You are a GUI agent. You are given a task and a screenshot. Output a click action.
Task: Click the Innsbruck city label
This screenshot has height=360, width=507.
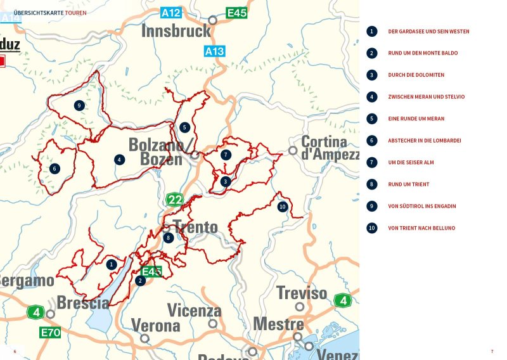(176, 31)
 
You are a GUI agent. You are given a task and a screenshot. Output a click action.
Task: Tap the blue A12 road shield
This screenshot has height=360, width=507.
(170, 13)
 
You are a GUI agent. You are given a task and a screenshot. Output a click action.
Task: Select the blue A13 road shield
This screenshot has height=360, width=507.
(214, 51)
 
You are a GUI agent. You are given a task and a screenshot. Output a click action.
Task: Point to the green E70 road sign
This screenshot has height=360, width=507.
(50, 332)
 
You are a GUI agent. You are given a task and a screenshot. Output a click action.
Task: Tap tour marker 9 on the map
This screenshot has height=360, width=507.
(79, 105)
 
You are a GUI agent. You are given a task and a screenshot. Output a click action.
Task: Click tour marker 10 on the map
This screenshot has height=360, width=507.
(282, 207)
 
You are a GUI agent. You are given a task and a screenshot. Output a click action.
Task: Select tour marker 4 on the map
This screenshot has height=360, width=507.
(119, 159)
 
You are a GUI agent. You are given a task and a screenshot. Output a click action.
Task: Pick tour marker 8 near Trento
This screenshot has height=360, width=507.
(168, 238)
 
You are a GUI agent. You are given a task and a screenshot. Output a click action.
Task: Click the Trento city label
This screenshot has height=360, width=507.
(195, 227)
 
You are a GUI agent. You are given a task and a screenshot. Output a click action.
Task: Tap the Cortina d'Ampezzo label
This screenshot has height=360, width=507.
(324, 148)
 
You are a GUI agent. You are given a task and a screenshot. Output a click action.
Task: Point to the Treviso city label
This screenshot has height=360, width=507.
(302, 293)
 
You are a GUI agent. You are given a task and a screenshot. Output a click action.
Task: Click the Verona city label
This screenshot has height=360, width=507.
(155, 326)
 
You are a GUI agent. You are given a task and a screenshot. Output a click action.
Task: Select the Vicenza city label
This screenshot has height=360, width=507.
(194, 311)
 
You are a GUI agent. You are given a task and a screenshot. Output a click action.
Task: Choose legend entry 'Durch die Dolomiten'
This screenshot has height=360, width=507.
(416, 75)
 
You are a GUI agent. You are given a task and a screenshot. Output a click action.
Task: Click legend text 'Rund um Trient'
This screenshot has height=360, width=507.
(408, 184)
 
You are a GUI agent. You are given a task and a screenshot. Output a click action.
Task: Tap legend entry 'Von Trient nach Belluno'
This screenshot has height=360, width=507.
(421, 228)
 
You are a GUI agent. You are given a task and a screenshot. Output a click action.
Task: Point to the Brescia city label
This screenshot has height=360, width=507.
(83, 303)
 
